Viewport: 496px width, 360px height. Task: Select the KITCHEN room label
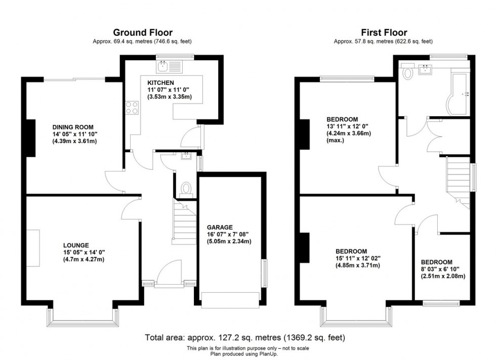[x=160, y=82]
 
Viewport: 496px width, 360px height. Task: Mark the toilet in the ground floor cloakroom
[x=186, y=188]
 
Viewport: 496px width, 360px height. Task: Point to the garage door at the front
[x=230, y=299]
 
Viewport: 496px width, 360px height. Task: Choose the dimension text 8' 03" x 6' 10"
[x=443, y=269]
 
